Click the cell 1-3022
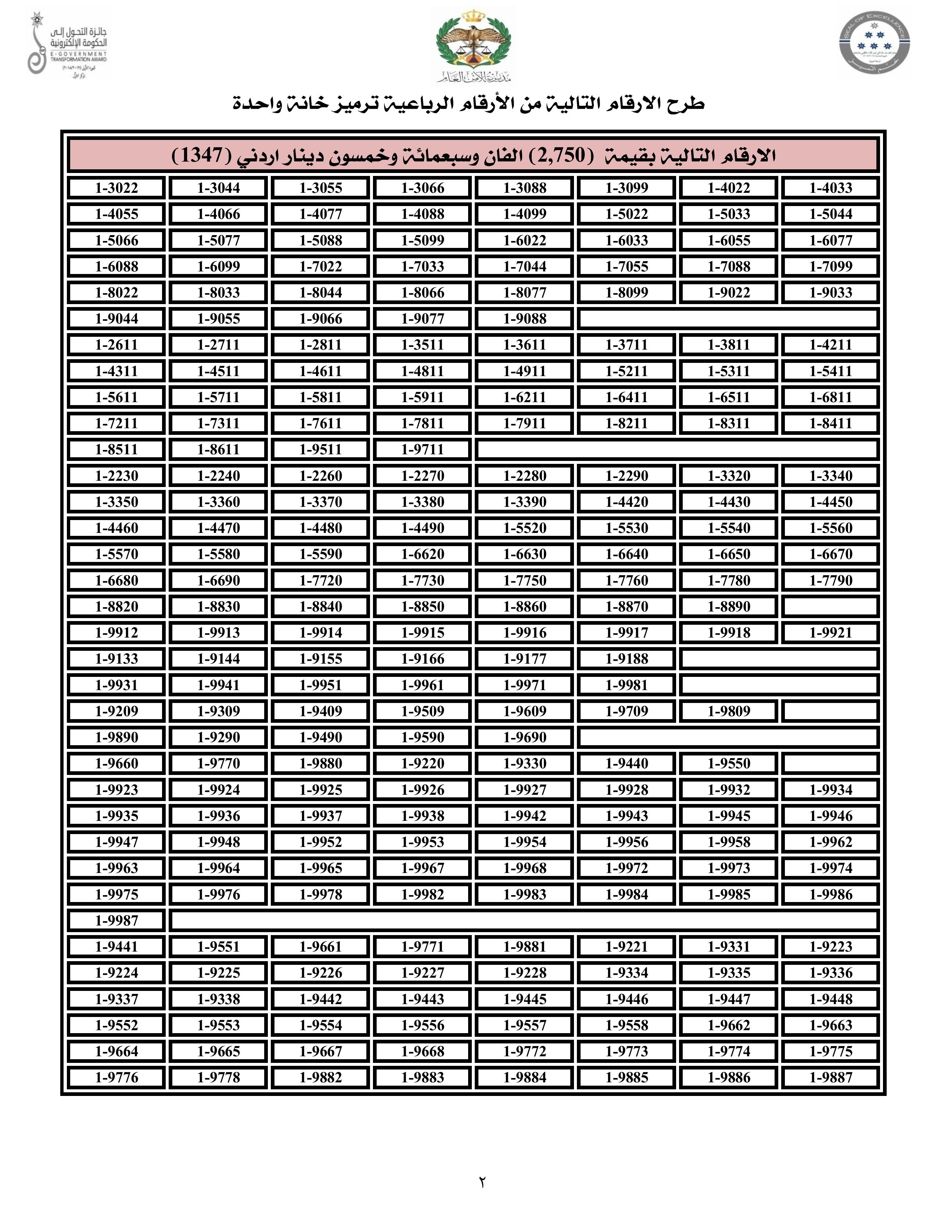pyautogui.click(x=116, y=188)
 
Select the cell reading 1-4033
pyautogui.click(x=830, y=188)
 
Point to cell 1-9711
pyautogui.click(x=423, y=450)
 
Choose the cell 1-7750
pyautogui.click(x=525, y=580)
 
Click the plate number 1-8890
pyautogui.click(x=728, y=607)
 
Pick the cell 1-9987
pyautogui.click(x=116, y=921)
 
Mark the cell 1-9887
pyautogui.click(x=830, y=1078)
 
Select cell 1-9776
pyautogui.click(x=116, y=1078)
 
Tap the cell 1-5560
pyautogui.click(x=830, y=528)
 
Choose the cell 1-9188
pyautogui.click(x=627, y=659)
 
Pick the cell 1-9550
pyautogui.click(x=728, y=764)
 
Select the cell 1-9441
pyautogui.click(x=116, y=947)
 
